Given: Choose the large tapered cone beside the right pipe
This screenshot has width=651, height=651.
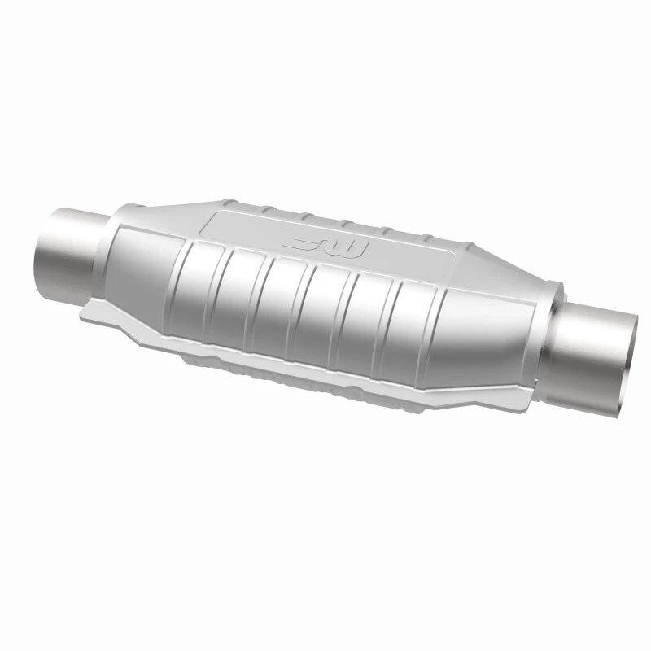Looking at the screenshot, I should click(488, 342).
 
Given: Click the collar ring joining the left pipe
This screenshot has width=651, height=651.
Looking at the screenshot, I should click(109, 244).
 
